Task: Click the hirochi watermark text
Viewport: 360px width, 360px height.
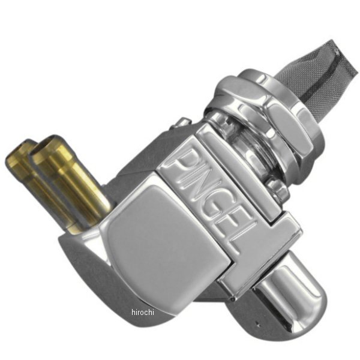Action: click(143, 312)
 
